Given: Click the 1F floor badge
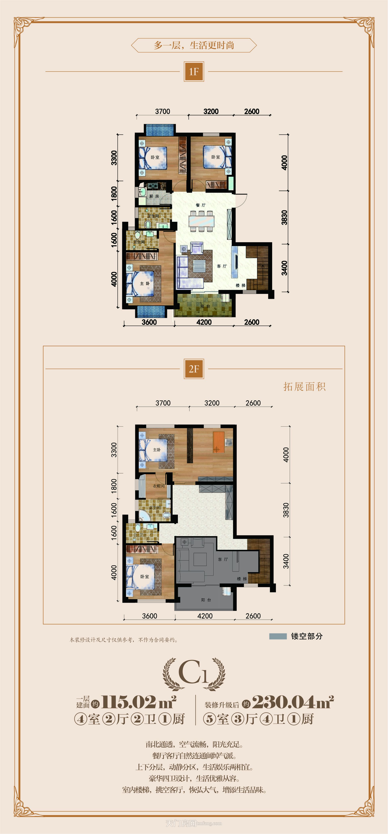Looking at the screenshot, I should click(x=194, y=72).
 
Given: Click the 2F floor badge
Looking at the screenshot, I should click(x=194, y=369).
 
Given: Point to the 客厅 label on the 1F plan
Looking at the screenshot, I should click(x=222, y=266).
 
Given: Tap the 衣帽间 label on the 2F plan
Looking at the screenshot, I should click(x=158, y=486).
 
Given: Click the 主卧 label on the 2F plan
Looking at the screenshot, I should click(x=157, y=450).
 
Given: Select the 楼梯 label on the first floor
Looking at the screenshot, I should click(x=240, y=285).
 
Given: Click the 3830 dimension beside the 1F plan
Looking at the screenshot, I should click(x=284, y=217).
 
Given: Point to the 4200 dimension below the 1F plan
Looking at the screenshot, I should click(x=204, y=322).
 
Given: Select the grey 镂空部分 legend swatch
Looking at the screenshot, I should click(x=278, y=636).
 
